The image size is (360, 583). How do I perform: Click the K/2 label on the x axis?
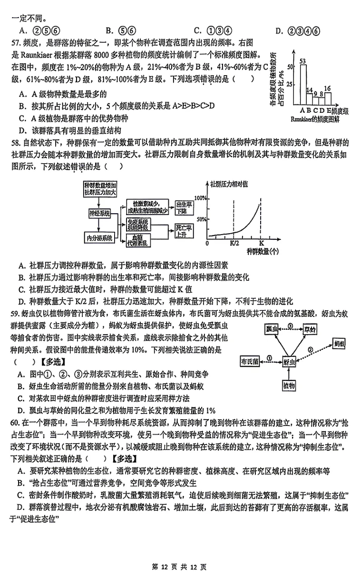coord(234,243)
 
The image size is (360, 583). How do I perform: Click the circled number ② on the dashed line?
coord(311,350)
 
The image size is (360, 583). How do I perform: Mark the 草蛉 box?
coord(311,328)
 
